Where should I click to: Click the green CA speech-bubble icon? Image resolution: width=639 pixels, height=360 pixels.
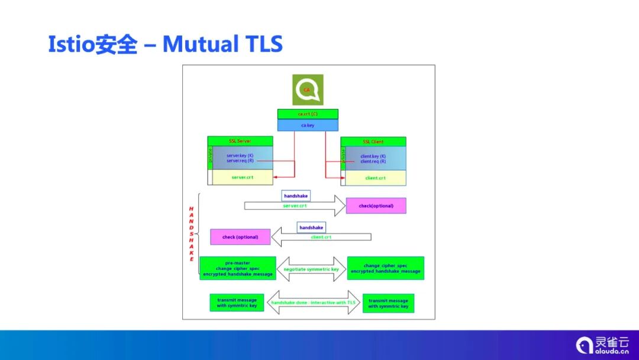[x=308, y=90]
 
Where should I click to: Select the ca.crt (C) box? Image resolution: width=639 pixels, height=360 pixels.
[x=308, y=114]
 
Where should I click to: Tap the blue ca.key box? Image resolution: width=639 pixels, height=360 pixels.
[x=308, y=126]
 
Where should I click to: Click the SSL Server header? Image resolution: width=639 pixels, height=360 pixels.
[x=240, y=141]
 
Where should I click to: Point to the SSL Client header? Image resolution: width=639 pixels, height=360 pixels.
[x=373, y=142]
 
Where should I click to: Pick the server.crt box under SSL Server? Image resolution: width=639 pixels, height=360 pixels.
[x=243, y=177]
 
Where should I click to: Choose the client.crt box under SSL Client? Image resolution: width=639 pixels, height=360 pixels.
[x=376, y=178]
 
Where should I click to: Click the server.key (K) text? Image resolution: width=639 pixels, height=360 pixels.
[x=240, y=156]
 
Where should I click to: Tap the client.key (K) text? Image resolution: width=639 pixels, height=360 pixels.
[x=373, y=156]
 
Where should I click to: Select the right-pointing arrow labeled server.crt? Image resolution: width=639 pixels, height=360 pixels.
[x=295, y=205]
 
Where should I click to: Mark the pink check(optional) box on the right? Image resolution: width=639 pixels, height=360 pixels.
[x=376, y=205]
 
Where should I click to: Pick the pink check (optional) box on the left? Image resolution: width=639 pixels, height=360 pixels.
[x=240, y=237]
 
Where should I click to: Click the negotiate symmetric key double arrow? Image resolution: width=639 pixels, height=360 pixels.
[x=311, y=269]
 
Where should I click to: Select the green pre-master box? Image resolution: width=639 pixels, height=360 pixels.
[x=238, y=268]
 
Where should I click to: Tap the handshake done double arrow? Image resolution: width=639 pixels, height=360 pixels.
[x=314, y=303]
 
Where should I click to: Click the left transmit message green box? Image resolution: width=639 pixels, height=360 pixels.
[x=237, y=303]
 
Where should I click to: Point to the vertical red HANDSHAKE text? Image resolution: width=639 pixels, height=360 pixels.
[x=192, y=234]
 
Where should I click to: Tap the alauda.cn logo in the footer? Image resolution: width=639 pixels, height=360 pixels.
[x=602, y=345]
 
